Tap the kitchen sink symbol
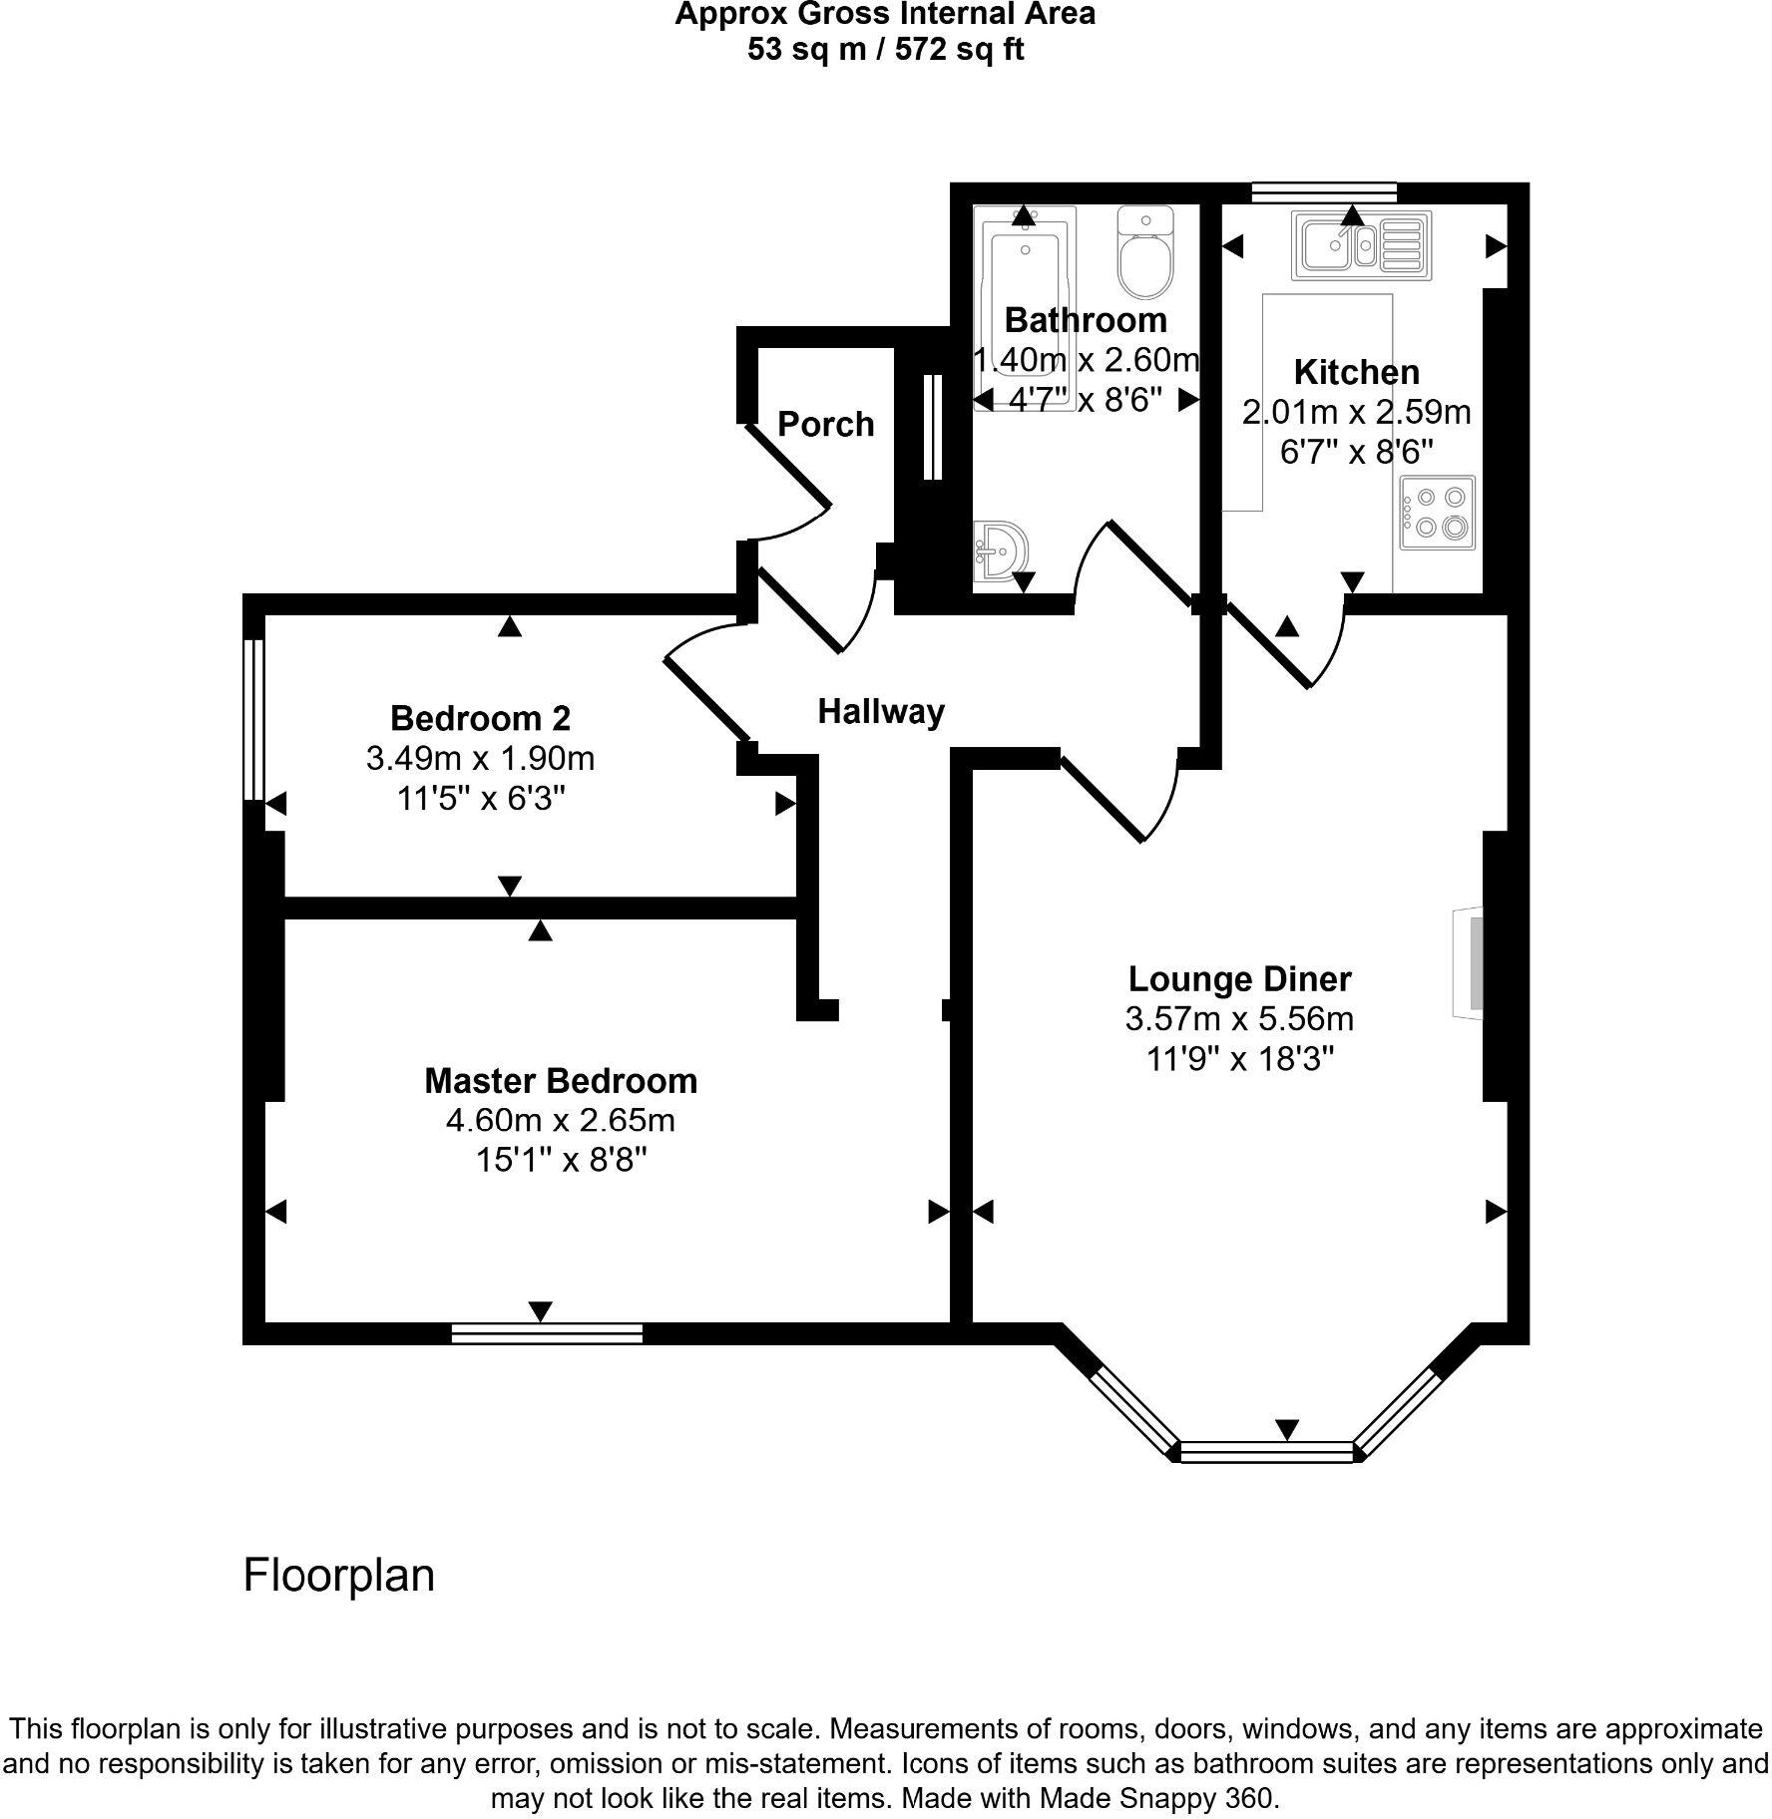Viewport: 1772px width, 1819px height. tap(1361, 245)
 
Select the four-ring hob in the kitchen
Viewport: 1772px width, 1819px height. tap(1437, 513)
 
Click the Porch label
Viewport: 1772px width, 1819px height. tap(825, 425)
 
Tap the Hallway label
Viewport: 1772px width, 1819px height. tap(881, 712)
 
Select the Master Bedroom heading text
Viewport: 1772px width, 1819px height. tap(561, 1081)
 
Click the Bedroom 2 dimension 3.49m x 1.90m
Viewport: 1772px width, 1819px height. tap(480, 759)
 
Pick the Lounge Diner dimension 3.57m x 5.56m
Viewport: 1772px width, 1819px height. tap(1239, 1019)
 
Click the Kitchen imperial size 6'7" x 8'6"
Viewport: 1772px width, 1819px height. tap(1356, 452)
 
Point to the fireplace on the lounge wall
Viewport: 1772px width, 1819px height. tap(1471, 963)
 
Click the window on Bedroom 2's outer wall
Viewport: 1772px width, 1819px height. tap(254, 719)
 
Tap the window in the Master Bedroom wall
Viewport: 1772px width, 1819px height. tap(547, 1333)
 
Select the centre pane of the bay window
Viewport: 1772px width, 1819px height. tap(1267, 1451)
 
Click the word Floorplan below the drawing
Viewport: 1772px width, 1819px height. tap(338, 1576)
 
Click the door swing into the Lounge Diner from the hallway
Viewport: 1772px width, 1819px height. tap(1122, 798)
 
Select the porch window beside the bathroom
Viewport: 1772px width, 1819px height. tap(933, 427)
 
